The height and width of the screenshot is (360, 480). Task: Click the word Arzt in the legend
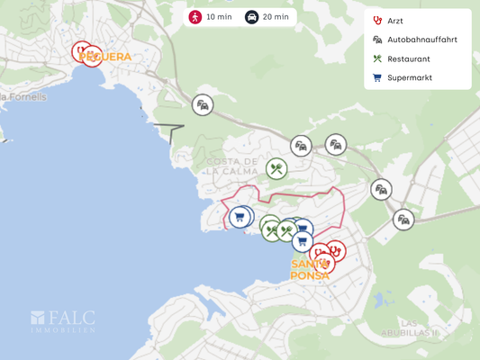tap(395, 21)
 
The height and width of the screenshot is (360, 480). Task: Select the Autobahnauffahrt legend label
tap(422, 40)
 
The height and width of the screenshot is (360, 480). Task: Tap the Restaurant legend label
tap(408, 58)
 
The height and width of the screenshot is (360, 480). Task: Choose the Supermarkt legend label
tap(410, 77)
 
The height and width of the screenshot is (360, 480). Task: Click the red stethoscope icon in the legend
tap(376, 21)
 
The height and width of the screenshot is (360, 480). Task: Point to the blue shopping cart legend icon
tap(376, 77)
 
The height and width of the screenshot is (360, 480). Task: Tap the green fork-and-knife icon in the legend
tap(376, 58)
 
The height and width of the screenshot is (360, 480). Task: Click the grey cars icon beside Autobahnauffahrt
tap(376, 40)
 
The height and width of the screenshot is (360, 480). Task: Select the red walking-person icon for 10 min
tap(195, 17)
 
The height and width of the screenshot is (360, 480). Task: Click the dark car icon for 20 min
tap(251, 17)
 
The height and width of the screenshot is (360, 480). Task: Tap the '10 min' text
tap(218, 17)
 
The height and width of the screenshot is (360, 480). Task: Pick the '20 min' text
tap(276, 17)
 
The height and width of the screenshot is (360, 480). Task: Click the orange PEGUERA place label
tap(106, 57)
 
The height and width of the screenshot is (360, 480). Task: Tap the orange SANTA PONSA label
tap(310, 270)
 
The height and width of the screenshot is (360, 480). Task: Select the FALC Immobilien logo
tap(63, 321)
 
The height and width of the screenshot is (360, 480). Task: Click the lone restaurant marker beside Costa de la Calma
tap(276, 168)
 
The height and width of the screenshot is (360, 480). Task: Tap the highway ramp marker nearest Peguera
tap(203, 105)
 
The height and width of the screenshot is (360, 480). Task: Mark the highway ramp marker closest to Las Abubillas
tap(403, 219)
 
